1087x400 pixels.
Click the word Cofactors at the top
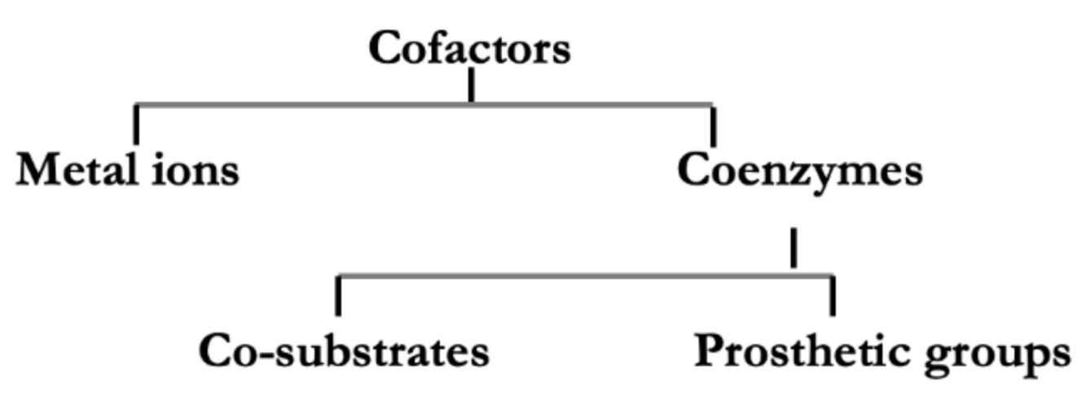click(x=469, y=48)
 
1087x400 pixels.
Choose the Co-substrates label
click(x=344, y=352)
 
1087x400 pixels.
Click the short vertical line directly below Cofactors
click(x=471, y=86)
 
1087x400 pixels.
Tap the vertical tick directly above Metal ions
click(x=136, y=124)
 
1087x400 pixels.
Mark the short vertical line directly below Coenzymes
click(x=794, y=248)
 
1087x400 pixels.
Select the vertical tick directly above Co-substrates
click(x=338, y=297)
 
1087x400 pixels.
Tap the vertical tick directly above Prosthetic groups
click(x=832, y=297)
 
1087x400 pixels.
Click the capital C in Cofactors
click(x=385, y=48)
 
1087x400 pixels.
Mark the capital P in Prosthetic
click(x=709, y=352)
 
